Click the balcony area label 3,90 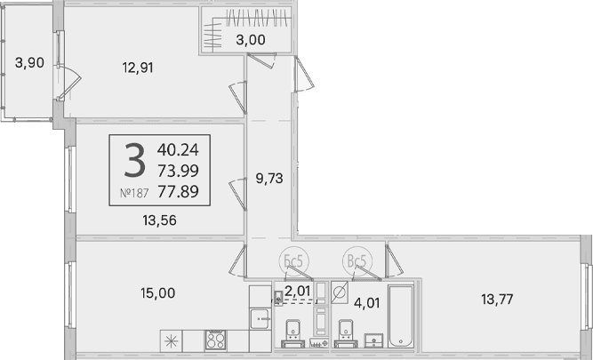[x=29, y=63]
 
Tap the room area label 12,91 [x=138, y=68]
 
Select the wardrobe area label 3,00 [x=251, y=40]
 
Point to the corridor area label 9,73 [x=269, y=179]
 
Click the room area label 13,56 [x=160, y=220]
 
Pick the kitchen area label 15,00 [x=158, y=293]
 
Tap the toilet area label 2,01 [x=298, y=291]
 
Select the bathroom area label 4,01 [x=366, y=303]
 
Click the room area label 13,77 [x=497, y=300]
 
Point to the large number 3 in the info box [x=134, y=160]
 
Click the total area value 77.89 [x=178, y=192]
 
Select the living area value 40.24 [x=178, y=150]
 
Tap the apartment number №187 [x=134, y=193]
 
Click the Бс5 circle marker [x=294, y=260]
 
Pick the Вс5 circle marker [x=357, y=261]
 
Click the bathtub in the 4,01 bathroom [x=401, y=316]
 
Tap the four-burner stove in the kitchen [x=215, y=340]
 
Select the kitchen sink [x=260, y=319]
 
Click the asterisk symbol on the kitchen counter [x=171, y=341]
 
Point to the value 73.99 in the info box [x=178, y=172]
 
